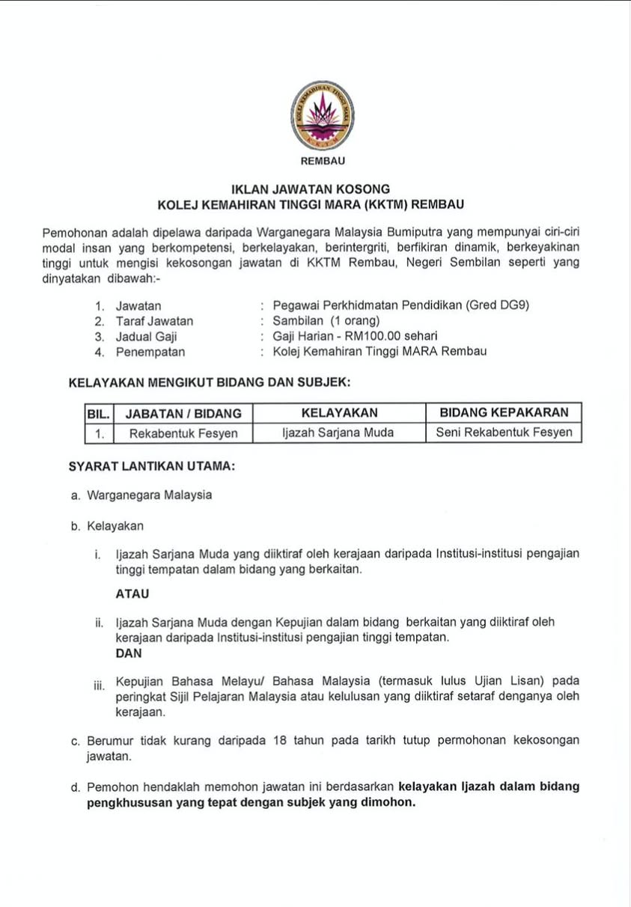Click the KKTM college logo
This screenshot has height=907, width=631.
pos(322,115)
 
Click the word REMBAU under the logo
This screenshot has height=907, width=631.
pos(321,161)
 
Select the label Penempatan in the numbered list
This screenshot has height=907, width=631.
pos(150,352)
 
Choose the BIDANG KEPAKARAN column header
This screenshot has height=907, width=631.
pos(504,412)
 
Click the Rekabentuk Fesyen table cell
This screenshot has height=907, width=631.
pos(183,433)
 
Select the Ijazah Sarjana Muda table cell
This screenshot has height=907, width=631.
pos(338,433)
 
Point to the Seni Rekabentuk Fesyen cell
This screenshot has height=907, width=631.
pos(504,433)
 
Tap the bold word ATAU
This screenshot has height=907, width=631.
pos(132,594)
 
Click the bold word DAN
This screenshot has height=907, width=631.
pos(129,653)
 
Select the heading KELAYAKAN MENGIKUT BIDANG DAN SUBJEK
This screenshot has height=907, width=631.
pos(210,382)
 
